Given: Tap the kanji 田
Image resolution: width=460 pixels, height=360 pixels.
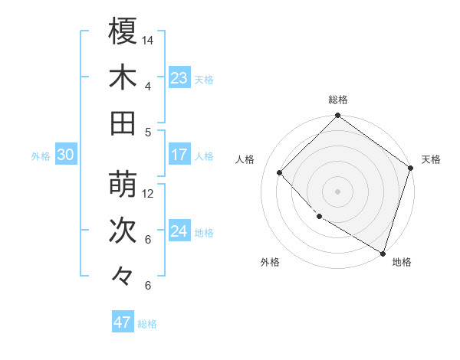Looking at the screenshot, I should coord(123,123).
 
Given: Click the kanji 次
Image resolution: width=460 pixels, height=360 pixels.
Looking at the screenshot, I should coord(123,231).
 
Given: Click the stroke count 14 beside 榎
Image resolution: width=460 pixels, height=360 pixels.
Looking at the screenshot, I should coord(148,40).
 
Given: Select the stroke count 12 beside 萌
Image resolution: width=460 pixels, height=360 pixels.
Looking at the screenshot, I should coord(148,193).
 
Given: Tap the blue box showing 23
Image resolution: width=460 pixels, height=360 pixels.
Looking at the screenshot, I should coord(179,78).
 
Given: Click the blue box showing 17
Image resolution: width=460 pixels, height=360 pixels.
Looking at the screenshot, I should coord(179,155).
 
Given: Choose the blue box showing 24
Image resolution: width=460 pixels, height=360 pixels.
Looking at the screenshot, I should coord(179,231).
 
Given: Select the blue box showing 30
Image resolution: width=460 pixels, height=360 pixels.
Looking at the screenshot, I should coord(65,155).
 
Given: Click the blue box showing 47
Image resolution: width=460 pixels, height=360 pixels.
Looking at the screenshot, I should coord(123,322).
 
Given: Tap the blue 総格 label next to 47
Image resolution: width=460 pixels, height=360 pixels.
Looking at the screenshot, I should coord(147,324).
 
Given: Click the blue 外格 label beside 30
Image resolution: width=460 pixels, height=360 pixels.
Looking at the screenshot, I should coord(41,156).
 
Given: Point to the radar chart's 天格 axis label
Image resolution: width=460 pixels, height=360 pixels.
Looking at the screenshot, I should coord(431,159).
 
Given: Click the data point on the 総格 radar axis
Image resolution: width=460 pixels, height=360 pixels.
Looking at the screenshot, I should coord(337,116).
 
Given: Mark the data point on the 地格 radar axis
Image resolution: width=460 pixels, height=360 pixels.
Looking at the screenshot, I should coord(382,252).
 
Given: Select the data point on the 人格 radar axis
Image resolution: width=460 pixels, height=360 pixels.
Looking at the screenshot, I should coord(280,172).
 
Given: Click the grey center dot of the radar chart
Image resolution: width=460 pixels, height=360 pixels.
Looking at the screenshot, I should coord(337,191).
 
